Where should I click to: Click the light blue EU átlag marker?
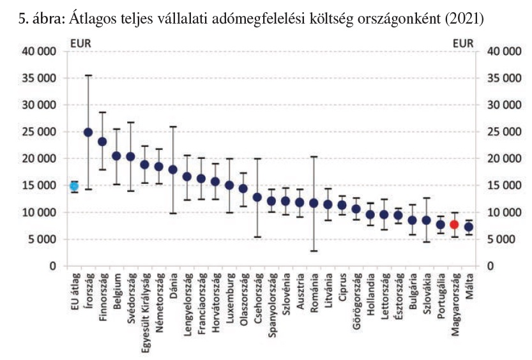tap(74, 186)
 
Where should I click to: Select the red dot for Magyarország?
tap(454, 224)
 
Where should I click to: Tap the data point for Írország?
tap(88, 132)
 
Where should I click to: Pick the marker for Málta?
tap(468, 227)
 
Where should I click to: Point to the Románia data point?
tap(314, 203)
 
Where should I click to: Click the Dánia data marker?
tap(172, 169)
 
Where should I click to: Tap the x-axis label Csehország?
tap(257, 297)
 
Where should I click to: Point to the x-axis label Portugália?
tap(440, 296)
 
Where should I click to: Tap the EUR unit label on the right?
tap(464, 44)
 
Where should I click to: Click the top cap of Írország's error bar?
tap(88, 75)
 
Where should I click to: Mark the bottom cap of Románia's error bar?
tap(314, 251)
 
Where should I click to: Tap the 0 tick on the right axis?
tap(490, 266)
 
